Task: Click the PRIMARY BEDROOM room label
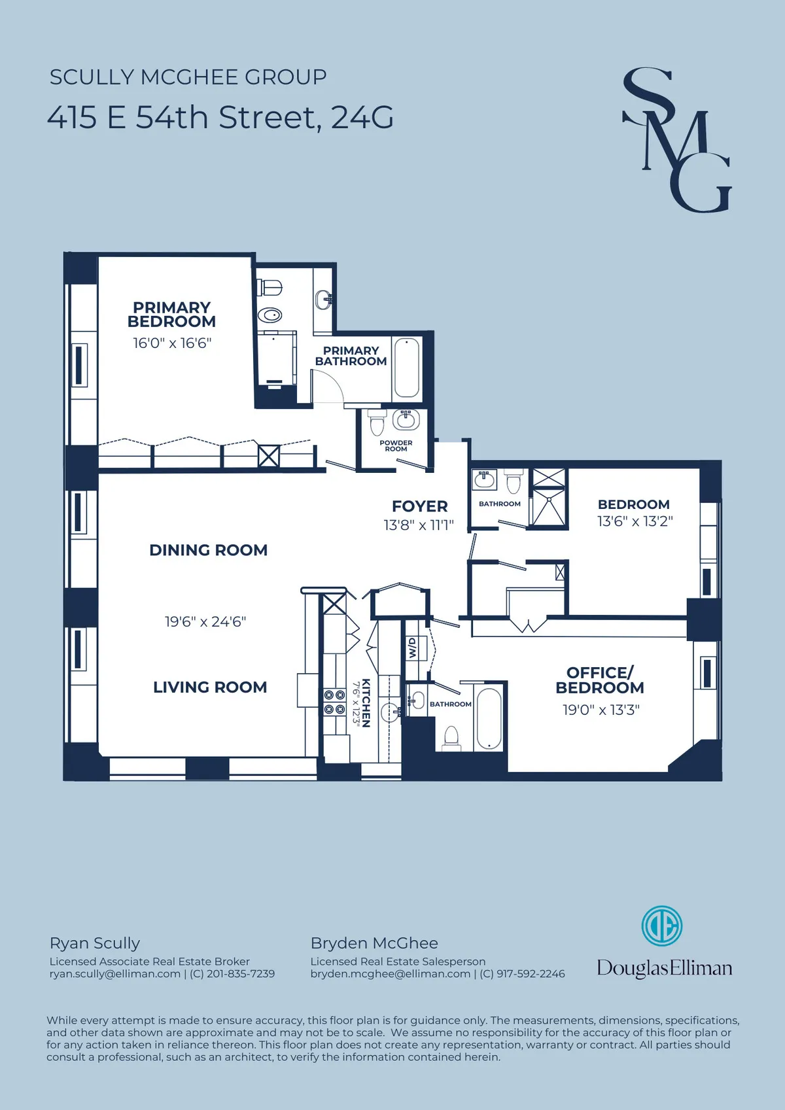tap(171, 315)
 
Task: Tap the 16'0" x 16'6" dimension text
tap(172, 343)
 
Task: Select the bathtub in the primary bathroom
tap(406, 368)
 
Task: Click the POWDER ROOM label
tap(396, 446)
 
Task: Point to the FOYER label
tap(419, 506)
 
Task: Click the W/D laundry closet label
tap(412, 649)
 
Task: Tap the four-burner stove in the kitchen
tap(334, 702)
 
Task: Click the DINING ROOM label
tap(208, 550)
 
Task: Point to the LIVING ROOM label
tap(210, 687)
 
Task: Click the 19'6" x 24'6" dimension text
tap(205, 622)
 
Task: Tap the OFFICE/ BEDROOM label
tap(599, 680)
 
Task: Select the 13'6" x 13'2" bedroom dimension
tap(635, 521)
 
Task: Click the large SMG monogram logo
tap(676, 141)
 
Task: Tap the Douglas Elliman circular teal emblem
tap(661, 926)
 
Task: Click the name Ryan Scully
tap(95, 943)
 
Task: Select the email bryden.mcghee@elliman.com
tap(390, 974)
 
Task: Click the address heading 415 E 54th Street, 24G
tap(220, 118)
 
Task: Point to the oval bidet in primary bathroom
tap(269, 315)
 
